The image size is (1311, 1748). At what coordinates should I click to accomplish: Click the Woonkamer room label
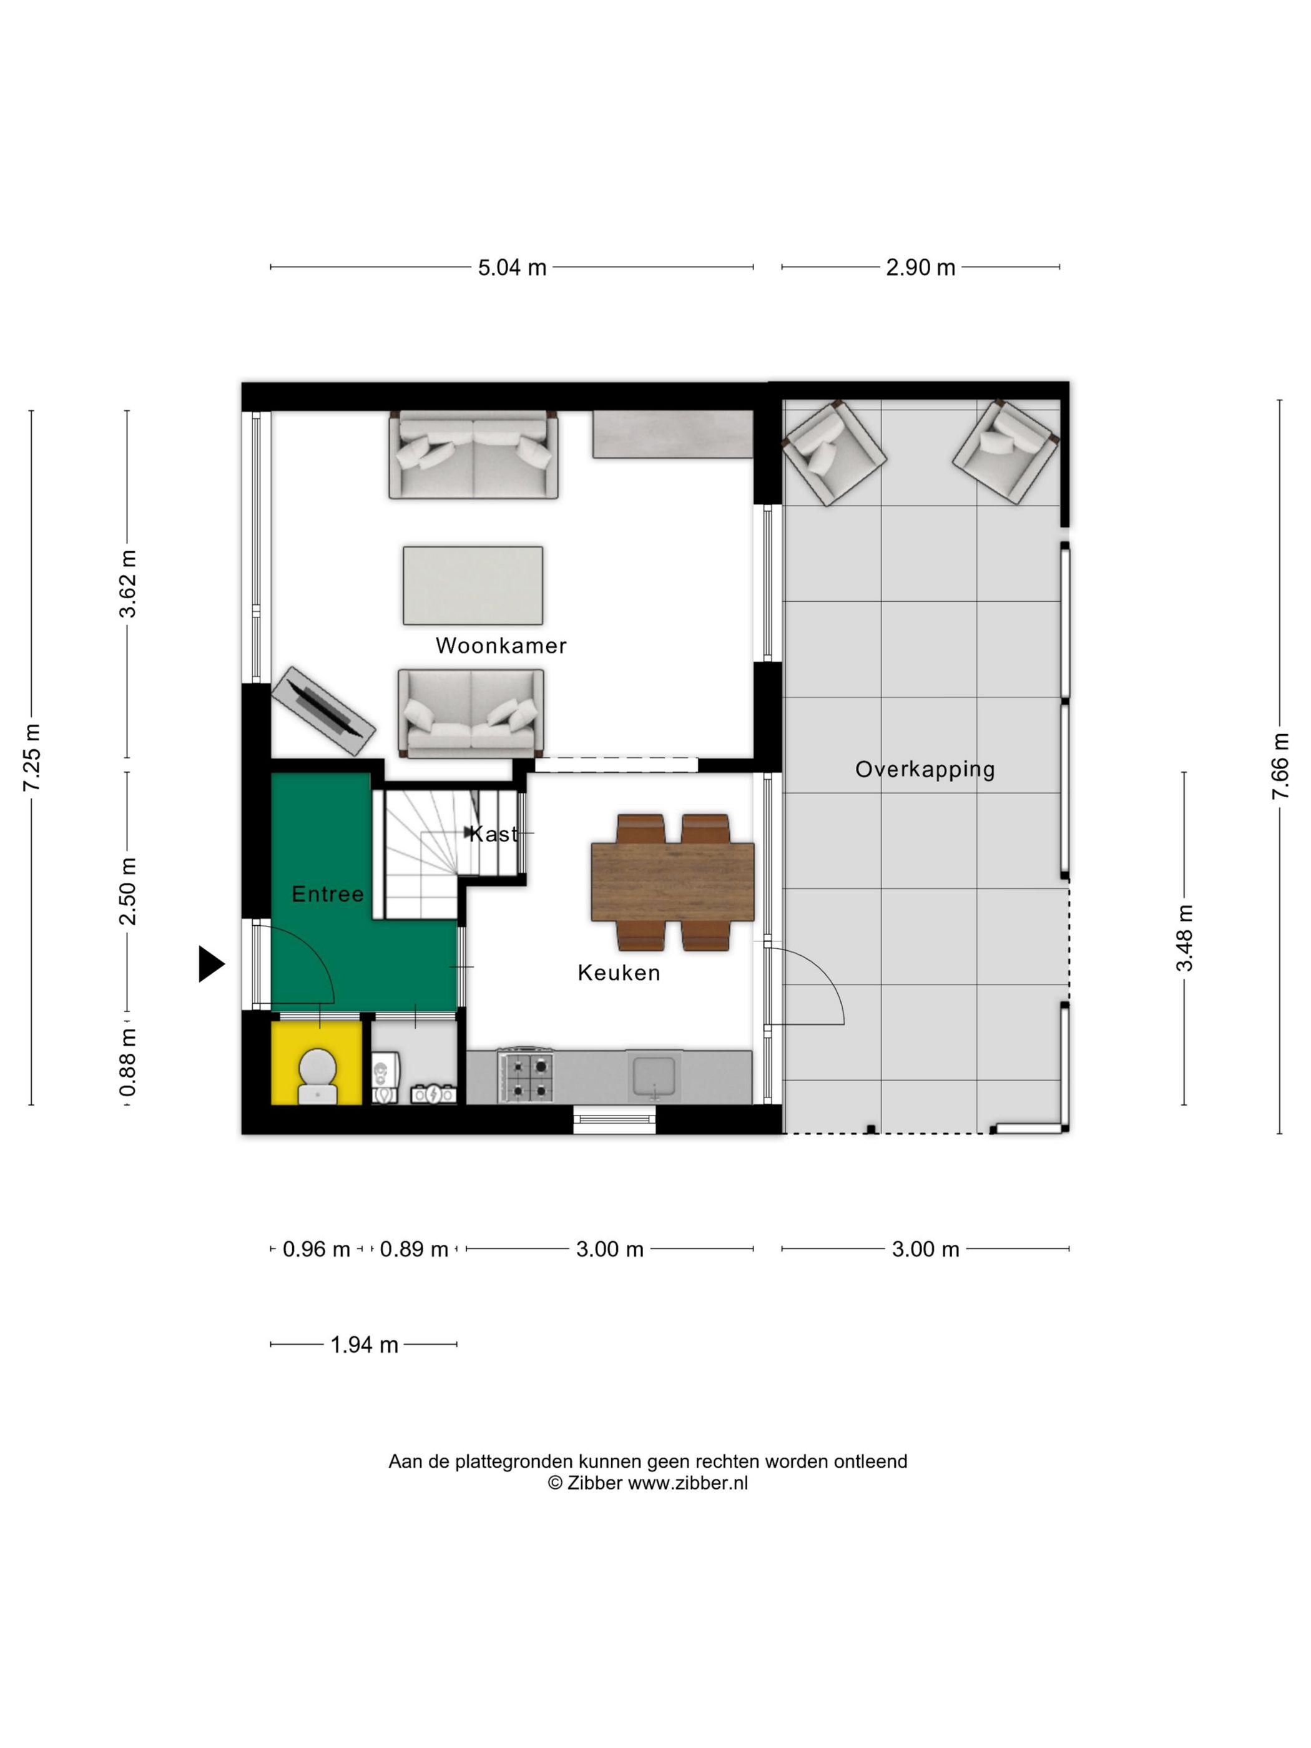[501, 646]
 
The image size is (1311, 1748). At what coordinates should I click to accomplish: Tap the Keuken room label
[619, 973]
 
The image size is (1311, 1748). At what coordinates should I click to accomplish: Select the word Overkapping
[925, 769]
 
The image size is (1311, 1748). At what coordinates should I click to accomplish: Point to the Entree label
[327, 894]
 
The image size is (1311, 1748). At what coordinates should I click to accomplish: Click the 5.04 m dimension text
[512, 268]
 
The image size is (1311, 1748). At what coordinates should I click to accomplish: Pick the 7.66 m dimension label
[1280, 766]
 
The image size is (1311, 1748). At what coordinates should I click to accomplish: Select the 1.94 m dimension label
[363, 1345]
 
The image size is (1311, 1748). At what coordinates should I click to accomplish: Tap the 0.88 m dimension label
[127, 1063]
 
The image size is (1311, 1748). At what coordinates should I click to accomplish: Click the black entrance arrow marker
[210, 964]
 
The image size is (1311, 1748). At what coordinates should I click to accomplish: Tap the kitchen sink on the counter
[653, 1076]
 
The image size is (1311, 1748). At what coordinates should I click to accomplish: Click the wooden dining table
[672, 882]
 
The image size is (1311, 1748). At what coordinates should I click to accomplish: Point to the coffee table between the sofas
[473, 586]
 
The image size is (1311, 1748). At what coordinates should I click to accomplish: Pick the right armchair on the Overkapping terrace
[1005, 451]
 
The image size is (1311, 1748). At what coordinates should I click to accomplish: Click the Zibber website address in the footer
[687, 1483]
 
